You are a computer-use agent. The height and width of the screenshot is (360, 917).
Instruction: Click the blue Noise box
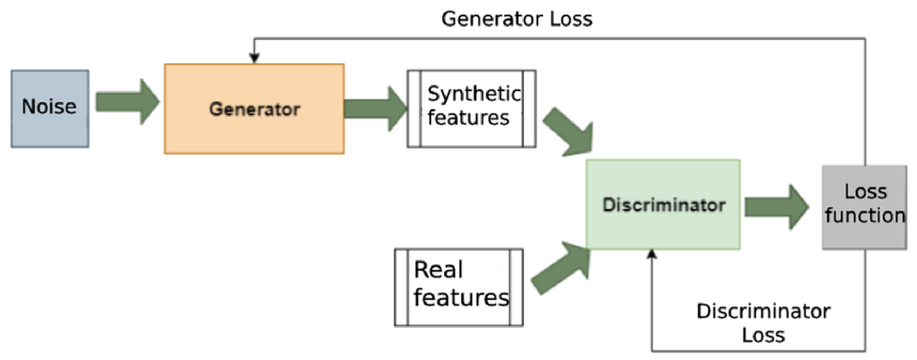(50, 109)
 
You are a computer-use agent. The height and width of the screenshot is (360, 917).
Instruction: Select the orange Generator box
(254, 109)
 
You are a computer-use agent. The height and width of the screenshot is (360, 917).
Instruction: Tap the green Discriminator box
(663, 205)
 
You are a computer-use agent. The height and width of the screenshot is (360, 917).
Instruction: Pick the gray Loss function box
(864, 208)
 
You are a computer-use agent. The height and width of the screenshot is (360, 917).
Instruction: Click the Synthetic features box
(471, 109)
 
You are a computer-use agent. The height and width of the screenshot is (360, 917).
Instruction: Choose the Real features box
(459, 287)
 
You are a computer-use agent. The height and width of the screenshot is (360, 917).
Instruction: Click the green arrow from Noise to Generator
(127, 101)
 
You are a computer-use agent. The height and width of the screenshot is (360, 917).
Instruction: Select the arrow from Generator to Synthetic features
(376, 108)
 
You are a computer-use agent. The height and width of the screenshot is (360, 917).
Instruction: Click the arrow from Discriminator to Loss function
(777, 207)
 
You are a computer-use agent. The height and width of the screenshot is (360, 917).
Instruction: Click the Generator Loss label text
(517, 19)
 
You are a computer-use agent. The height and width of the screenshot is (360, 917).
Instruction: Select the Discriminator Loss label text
(763, 323)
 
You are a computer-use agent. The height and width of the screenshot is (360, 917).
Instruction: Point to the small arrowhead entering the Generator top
(254, 58)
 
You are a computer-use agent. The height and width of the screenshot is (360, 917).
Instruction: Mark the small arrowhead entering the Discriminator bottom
(652, 254)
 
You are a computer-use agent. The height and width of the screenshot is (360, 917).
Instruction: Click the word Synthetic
(474, 94)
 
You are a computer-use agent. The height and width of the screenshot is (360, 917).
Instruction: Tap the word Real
(438, 269)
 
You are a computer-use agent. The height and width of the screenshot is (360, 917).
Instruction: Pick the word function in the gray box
(865, 215)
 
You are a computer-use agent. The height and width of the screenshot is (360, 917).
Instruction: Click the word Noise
(49, 107)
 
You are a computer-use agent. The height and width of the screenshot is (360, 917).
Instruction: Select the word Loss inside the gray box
(866, 191)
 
